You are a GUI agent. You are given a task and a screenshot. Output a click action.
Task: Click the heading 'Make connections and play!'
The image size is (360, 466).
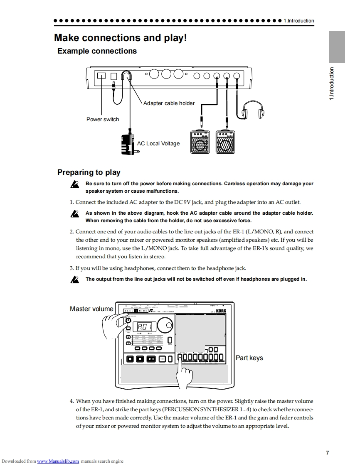[x=121, y=38]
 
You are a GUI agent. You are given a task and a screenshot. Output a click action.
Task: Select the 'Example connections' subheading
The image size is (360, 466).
[x=97, y=51]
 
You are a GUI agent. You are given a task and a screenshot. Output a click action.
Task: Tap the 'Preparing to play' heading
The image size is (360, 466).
[x=89, y=172]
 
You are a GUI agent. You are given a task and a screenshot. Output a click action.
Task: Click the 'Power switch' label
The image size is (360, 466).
[x=103, y=120]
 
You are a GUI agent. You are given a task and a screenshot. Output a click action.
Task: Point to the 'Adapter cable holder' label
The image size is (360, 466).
[x=169, y=103]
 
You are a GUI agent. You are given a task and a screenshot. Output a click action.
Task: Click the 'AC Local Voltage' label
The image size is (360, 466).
[x=158, y=144]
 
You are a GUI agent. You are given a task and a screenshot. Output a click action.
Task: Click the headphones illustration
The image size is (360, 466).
[x=253, y=109]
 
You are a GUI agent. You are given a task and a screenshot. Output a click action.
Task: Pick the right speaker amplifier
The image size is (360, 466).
[x=225, y=142]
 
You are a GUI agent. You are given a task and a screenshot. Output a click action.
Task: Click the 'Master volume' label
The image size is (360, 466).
[x=91, y=309]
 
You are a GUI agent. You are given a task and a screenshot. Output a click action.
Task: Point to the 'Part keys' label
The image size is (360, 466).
[x=249, y=358]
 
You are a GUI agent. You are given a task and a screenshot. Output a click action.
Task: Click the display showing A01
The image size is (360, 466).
[x=145, y=328]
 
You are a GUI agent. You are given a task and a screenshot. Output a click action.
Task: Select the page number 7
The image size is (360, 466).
[x=328, y=453]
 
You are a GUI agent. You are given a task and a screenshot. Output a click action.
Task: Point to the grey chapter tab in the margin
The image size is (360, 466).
[x=337, y=47]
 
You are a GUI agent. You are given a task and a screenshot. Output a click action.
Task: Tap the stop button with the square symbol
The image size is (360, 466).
[x=140, y=358]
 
